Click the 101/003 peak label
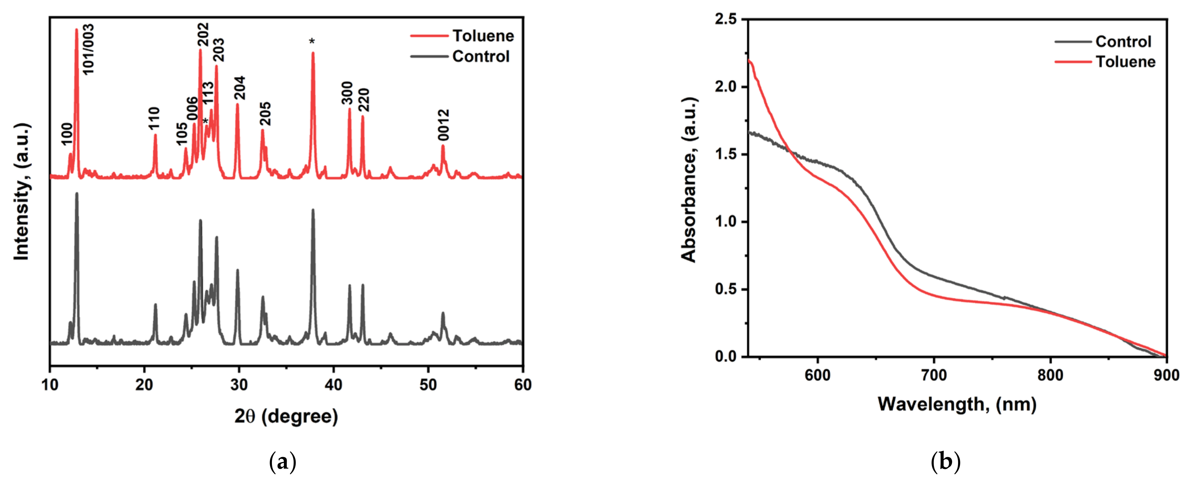(x=88, y=49)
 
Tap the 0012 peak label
(x=443, y=125)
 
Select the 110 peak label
(x=155, y=118)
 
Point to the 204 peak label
(x=240, y=88)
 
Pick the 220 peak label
(x=364, y=100)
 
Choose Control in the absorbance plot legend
(x=1123, y=42)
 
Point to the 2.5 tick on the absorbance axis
(x=726, y=19)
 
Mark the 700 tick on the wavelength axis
(x=934, y=376)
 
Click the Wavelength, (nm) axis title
(x=957, y=404)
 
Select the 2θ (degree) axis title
(x=286, y=416)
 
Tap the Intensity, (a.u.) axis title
(x=22, y=192)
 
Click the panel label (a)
(x=282, y=462)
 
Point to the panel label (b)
(x=945, y=462)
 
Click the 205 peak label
(x=265, y=114)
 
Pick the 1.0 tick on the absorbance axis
(x=726, y=222)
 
